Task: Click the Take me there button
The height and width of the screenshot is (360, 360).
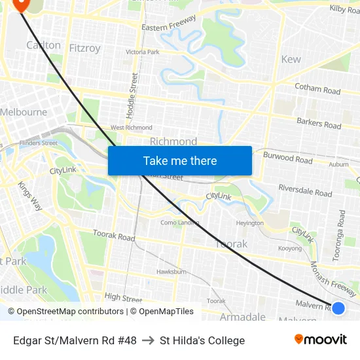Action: (x=180, y=160)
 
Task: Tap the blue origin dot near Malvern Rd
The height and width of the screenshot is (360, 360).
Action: (x=338, y=308)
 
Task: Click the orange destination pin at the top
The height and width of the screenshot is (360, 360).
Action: (x=20, y=5)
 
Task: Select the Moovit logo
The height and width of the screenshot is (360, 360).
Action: (x=321, y=339)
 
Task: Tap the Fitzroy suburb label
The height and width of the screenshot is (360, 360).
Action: (x=85, y=48)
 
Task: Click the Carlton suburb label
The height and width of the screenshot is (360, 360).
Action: (x=43, y=45)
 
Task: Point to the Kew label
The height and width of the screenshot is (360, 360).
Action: (x=291, y=59)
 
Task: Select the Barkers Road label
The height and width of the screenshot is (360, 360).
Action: (x=319, y=123)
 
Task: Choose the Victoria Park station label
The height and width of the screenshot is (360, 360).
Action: (x=143, y=52)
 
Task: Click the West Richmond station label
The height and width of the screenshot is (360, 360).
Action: (x=131, y=128)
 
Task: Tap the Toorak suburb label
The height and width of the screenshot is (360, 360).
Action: (x=232, y=243)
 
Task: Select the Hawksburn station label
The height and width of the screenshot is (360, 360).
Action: (x=171, y=272)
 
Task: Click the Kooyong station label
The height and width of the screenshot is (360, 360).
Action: (x=290, y=249)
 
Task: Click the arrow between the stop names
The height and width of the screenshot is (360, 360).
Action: (x=148, y=340)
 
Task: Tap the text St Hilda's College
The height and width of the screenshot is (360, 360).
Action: (x=202, y=340)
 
